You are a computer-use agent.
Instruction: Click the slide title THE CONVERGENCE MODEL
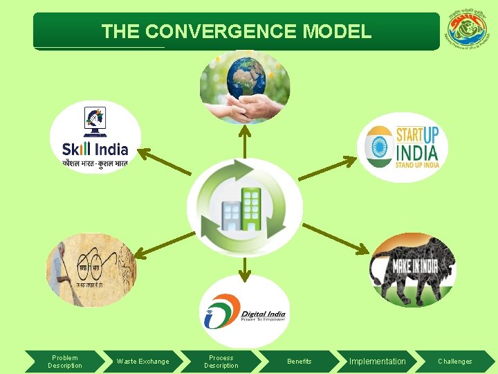(236, 31)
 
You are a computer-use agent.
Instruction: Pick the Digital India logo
(244, 312)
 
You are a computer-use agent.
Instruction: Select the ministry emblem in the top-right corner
(467, 31)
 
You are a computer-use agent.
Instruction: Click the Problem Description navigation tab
(64, 362)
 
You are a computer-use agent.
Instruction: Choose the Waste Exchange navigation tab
(142, 362)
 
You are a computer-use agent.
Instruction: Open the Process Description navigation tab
(221, 362)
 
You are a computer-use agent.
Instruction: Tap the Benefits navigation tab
(299, 362)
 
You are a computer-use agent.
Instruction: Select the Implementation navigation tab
(378, 362)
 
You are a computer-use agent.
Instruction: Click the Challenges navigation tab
(454, 362)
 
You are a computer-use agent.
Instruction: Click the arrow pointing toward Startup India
(329, 168)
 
